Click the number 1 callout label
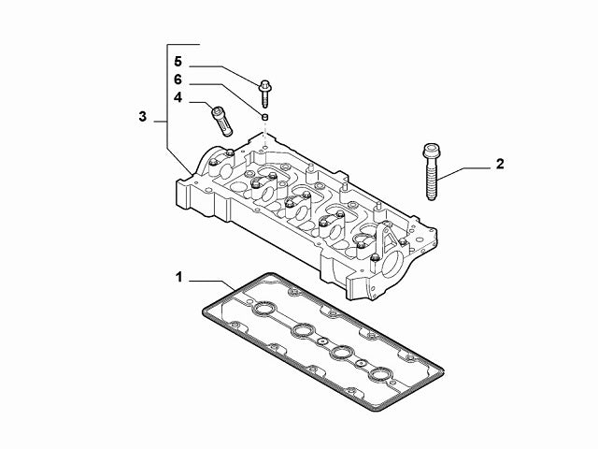click(x=178, y=277)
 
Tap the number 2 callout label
click(x=500, y=165)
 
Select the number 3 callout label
click(x=142, y=117)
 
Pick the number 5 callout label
click(x=177, y=64)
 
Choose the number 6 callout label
click(x=177, y=80)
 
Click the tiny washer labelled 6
click(x=265, y=117)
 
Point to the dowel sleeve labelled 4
click(x=221, y=120)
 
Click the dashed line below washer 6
click(x=265, y=131)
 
